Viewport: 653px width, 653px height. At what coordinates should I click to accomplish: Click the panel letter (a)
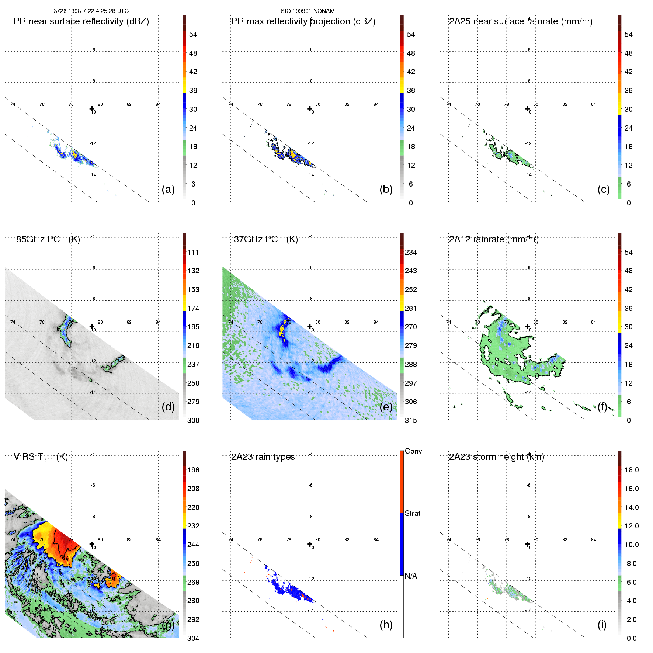(x=168, y=189)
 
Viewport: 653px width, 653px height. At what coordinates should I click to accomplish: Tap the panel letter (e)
(x=386, y=407)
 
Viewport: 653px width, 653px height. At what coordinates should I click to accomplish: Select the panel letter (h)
(x=386, y=624)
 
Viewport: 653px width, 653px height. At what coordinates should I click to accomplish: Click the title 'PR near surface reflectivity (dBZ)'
(x=81, y=21)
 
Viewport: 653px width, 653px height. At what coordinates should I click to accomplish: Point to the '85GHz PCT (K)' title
(x=48, y=239)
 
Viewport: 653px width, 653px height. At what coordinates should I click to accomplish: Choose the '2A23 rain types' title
(x=263, y=457)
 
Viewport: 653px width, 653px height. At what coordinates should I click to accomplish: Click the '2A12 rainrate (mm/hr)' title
(x=494, y=239)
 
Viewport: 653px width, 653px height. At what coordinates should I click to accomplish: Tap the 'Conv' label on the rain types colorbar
(x=413, y=451)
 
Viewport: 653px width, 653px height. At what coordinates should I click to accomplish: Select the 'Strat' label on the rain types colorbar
(x=413, y=513)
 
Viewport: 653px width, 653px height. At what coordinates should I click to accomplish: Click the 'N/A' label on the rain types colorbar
(x=411, y=576)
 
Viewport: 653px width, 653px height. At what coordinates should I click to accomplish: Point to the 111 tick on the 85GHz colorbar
(x=193, y=252)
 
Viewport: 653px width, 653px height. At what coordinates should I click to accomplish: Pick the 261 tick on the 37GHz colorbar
(x=411, y=308)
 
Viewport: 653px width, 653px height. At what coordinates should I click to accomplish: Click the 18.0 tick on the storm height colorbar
(x=632, y=470)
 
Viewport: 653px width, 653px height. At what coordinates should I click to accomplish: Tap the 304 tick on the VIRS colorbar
(x=193, y=638)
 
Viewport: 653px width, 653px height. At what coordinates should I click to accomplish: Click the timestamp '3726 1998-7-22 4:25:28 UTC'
(x=91, y=11)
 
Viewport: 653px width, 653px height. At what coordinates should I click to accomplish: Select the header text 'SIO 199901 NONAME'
(x=310, y=11)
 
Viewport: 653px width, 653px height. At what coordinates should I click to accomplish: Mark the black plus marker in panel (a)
(x=92, y=108)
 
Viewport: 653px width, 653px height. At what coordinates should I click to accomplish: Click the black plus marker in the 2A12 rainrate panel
(x=527, y=326)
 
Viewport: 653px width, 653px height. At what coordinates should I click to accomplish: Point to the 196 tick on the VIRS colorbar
(x=193, y=470)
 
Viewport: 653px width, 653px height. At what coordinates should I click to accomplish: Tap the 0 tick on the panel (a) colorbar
(x=193, y=203)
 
